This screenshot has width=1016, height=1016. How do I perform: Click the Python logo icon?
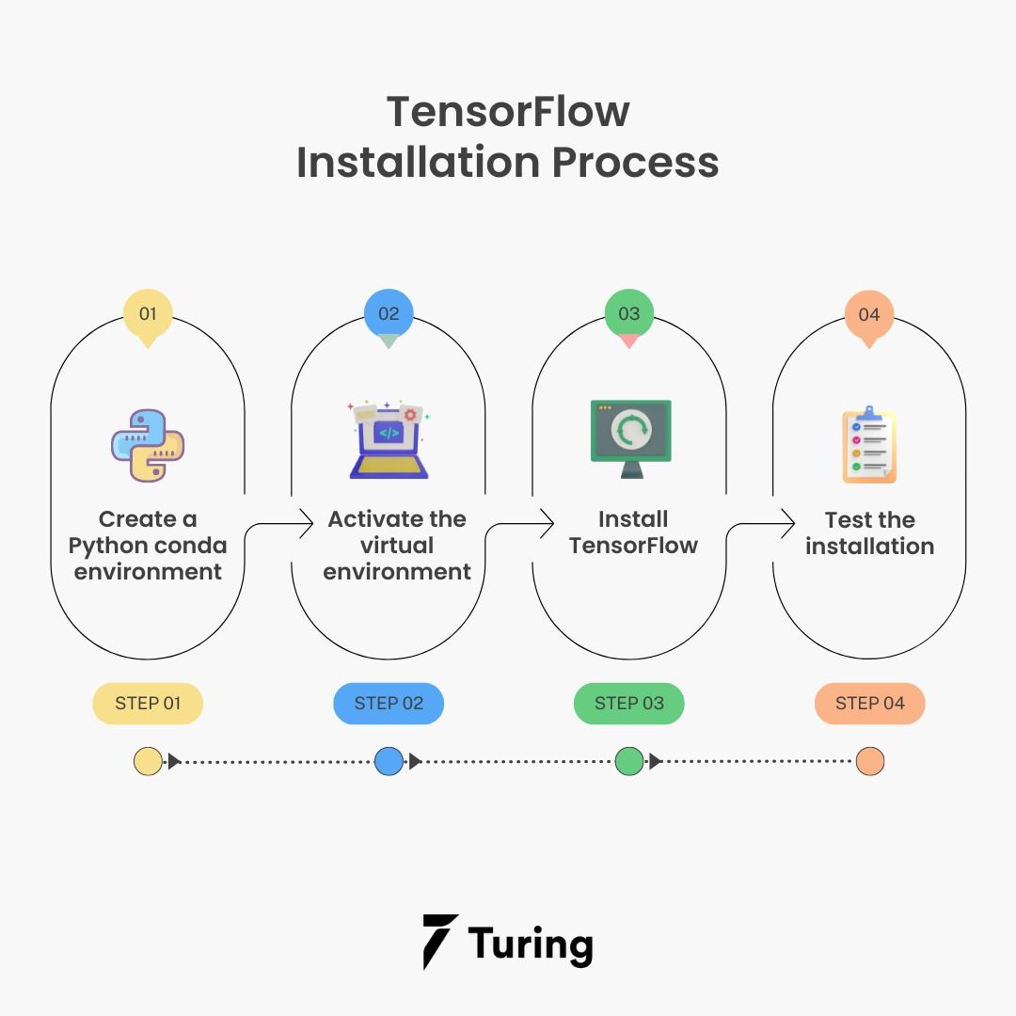click(x=148, y=445)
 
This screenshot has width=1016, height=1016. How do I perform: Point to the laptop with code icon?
click(x=389, y=440)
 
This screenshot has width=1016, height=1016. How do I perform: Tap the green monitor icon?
click(x=631, y=438)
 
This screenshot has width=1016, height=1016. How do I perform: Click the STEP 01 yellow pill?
click(x=148, y=703)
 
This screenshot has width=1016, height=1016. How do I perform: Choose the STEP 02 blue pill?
click(x=389, y=703)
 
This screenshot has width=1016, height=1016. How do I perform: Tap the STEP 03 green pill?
click(x=628, y=703)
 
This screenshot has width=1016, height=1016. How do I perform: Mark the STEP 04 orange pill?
click(x=869, y=703)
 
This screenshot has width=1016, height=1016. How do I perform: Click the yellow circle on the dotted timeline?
click(x=148, y=761)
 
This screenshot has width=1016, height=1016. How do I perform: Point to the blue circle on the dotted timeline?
click(x=389, y=761)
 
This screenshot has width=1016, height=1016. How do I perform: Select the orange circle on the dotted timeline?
click(x=870, y=761)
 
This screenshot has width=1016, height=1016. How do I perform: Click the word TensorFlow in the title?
click(x=508, y=111)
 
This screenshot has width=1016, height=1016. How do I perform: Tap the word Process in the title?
click(x=636, y=162)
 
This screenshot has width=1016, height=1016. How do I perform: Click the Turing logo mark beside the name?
click(x=440, y=942)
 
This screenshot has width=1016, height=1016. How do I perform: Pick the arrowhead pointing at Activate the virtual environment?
click(x=307, y=523)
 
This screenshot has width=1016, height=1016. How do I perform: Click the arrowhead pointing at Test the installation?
click(x=788, y=523)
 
